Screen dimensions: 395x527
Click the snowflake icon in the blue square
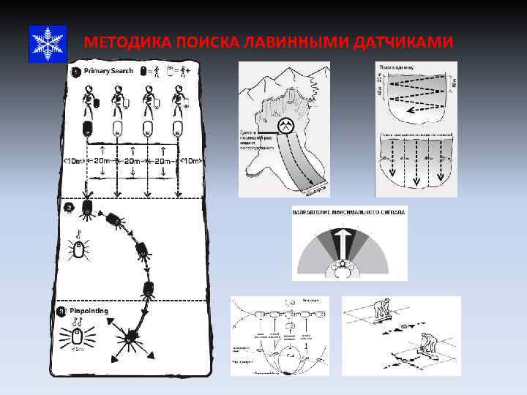pyautogui.click(x=48, y=43)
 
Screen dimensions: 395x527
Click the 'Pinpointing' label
pyautogui.click(x=89, y=311)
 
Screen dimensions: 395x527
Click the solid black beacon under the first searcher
pyautogui.click(x=88, y=130)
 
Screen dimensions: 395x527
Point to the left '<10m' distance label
pyautogui.click(x=73, y=161)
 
